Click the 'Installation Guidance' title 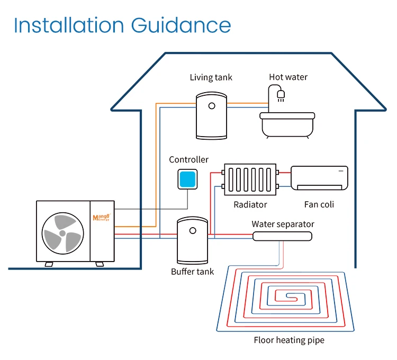pos(122,25)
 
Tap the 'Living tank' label pos(211,77)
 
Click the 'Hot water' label pos(288,77)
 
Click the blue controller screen pos(188,180)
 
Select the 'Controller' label pos(188,159)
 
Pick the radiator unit pos(250,179)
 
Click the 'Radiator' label pos(250,204)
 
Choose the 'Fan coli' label pos(319,204)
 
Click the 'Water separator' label pos(283,224)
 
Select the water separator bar pos(283,236)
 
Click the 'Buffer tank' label pos(192,272)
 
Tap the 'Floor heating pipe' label pos(288,340)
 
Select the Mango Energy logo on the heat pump pos(101,218)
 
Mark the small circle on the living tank pos(212,105)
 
